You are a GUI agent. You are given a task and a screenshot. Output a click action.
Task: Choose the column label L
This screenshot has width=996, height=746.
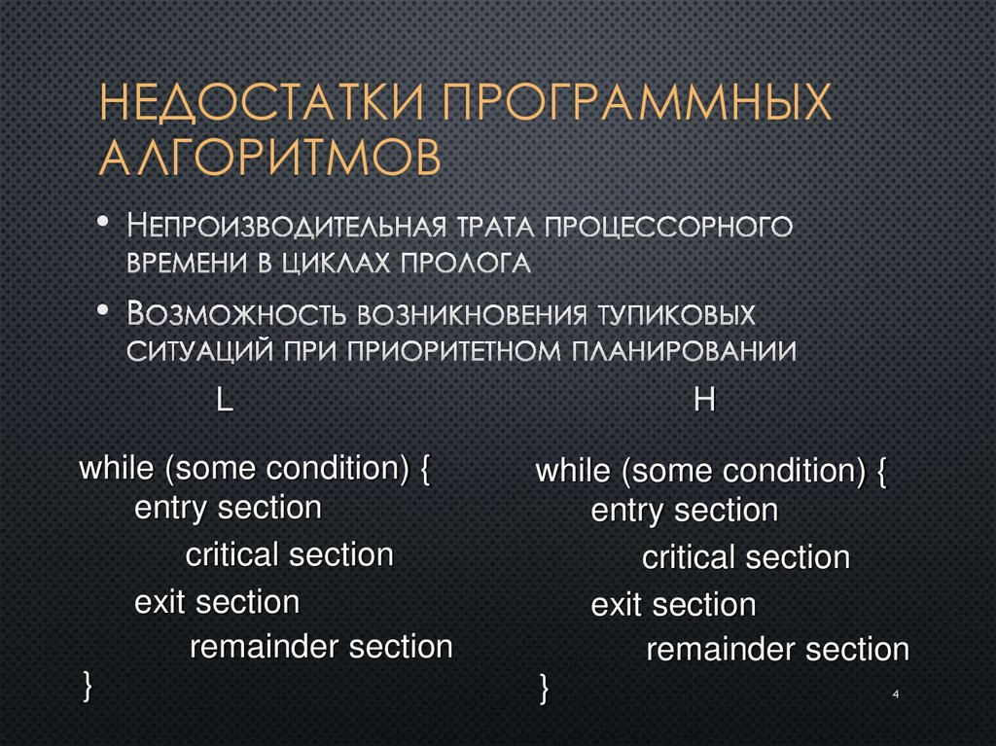point(224,403)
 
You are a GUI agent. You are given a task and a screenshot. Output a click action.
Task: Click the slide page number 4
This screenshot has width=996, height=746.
point(893,693)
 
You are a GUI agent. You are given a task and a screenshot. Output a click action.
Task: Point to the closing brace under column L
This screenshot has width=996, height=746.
point(88,683)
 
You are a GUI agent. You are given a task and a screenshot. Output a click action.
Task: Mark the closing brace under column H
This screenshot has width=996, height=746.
point(544,687)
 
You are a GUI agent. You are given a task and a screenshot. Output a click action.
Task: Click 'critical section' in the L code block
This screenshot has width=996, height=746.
point(289,555)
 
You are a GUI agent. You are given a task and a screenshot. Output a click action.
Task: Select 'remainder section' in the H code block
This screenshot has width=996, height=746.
point(777,650)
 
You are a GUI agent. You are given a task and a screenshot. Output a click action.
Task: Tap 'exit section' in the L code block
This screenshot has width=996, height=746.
point(216,602)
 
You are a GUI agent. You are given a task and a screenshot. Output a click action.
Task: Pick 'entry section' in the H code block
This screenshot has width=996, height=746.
point(684,511)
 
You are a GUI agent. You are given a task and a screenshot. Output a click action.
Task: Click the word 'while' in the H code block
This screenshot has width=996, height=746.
point(572,472)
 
